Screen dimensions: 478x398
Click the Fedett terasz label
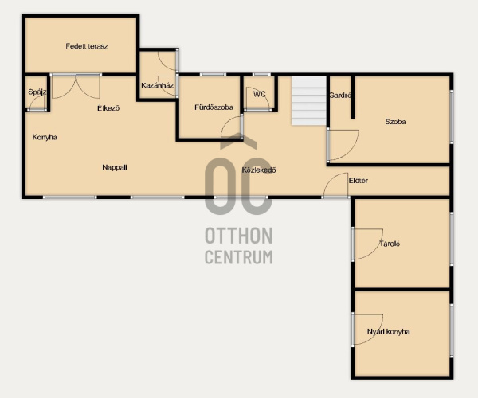(x=87, y=46)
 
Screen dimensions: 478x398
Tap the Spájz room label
(x=37, y=92)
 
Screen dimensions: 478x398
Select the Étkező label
(x=108, y=108)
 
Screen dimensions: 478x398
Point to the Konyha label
(x=45, y=138)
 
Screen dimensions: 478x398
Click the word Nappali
(x=115, y=167)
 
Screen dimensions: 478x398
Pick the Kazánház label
(x=157, y=85)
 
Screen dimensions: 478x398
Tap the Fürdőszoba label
(x=214, y=107)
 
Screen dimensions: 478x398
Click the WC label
(x=260, y=94)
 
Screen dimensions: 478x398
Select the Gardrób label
(x=342, y=96)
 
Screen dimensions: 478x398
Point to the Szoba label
(x=395, y=122)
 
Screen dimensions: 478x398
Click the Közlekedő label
(x=259, y=170)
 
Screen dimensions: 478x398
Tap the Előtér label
(x=358, y=181)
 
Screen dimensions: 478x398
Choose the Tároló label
(x=390, y=244)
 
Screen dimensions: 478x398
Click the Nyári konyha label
(x=389, y=332)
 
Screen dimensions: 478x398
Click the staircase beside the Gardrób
(x=309, y=101)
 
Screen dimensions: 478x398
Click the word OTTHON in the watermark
(x=239, y=236)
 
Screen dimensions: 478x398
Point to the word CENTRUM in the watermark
(x=239, y=257)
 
